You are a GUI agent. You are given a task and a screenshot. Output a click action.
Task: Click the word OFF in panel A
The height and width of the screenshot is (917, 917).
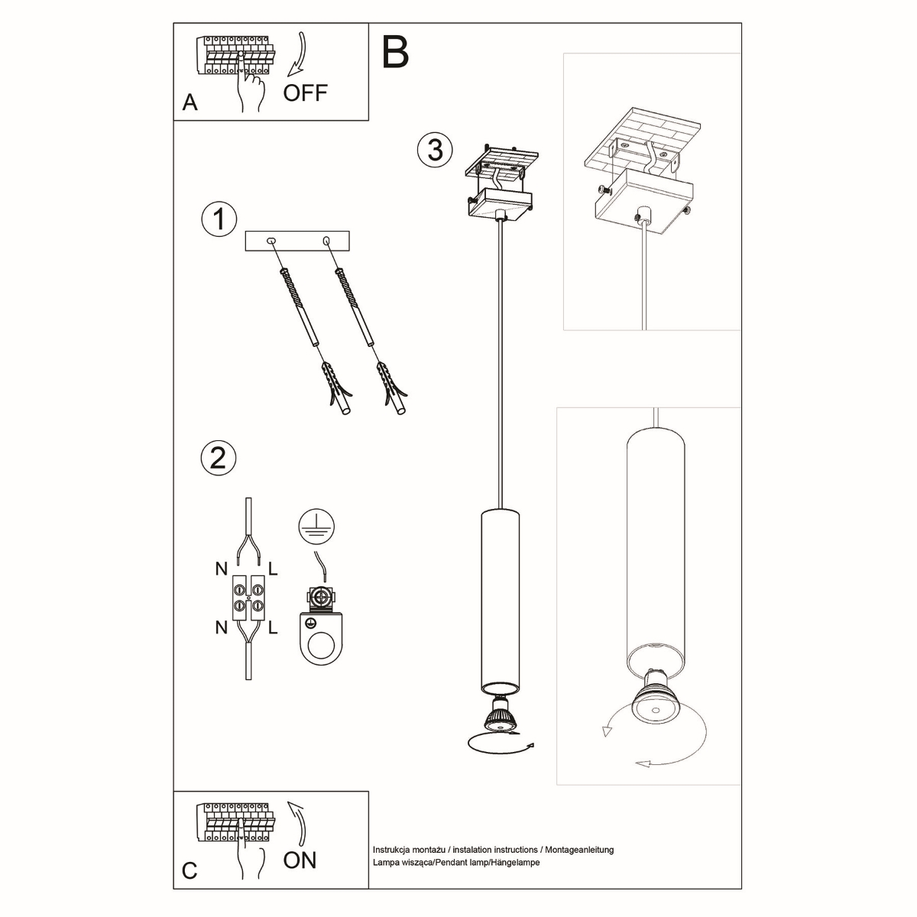click(x=305, y=93)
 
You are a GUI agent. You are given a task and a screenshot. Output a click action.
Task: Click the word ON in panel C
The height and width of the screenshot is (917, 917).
click(x=299, y=860)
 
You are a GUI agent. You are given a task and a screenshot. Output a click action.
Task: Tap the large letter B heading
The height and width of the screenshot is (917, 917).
click(x=395, y=51)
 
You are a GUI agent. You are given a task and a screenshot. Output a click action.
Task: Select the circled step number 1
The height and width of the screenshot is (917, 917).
click(x=219, y=220)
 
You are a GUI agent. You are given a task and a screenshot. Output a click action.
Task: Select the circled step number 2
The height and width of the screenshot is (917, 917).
click(x=218, y=458)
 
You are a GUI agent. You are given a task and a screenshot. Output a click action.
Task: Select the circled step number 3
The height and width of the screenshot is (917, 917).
click(x=435, y=149)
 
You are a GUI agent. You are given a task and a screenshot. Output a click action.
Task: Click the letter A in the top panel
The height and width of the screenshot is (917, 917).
click(x=190, y=103)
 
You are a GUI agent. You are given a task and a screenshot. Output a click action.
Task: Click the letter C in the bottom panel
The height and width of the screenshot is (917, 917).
click(x=190, y=871)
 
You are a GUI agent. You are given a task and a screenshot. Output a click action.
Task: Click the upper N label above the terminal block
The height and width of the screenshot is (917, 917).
click(x=221, y=569)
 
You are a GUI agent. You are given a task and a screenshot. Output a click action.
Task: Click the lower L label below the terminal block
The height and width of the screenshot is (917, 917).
click(x=273, y=627)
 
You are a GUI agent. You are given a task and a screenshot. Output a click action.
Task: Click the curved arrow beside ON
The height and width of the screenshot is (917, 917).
click(x=296, y=824)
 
